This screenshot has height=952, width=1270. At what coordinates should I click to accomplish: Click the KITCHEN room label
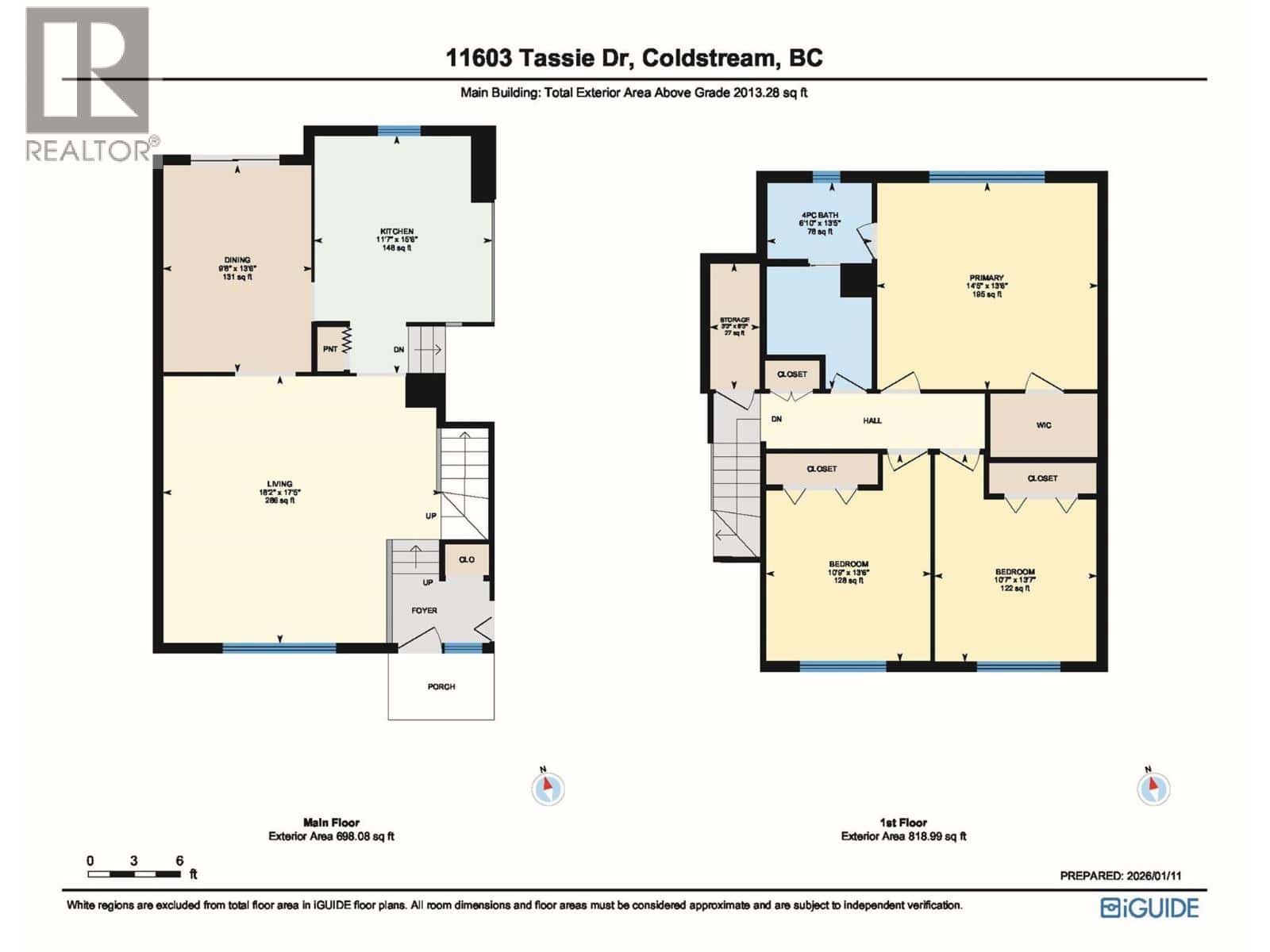[396, 232]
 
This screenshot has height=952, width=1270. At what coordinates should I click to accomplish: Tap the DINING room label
[237, 260]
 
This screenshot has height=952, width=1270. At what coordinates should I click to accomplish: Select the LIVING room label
[279, 484]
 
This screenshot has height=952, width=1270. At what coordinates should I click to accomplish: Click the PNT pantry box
[330, 349]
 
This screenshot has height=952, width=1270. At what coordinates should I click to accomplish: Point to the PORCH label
[441, 686]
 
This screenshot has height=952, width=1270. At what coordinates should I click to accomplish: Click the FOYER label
[424, 610]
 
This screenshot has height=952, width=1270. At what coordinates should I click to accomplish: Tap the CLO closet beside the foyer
[467, 559]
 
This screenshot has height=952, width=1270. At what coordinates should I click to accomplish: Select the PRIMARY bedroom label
[986, 278]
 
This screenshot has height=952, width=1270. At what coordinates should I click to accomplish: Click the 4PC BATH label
[819, 216]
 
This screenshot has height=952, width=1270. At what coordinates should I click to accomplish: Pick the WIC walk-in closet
[1044, 425]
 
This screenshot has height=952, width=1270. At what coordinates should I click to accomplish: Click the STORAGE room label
[734, 321]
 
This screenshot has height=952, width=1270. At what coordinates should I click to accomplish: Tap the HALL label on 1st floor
[872, 420]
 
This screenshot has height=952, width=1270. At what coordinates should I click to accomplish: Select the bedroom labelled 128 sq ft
[848, 564]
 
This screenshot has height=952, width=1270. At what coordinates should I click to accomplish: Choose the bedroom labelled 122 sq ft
[1015, 572]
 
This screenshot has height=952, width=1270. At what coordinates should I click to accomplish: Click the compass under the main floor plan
[548, 789]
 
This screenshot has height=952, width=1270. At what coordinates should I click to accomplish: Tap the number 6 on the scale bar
[180, 861]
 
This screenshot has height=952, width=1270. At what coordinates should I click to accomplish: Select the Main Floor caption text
[331, 823]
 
